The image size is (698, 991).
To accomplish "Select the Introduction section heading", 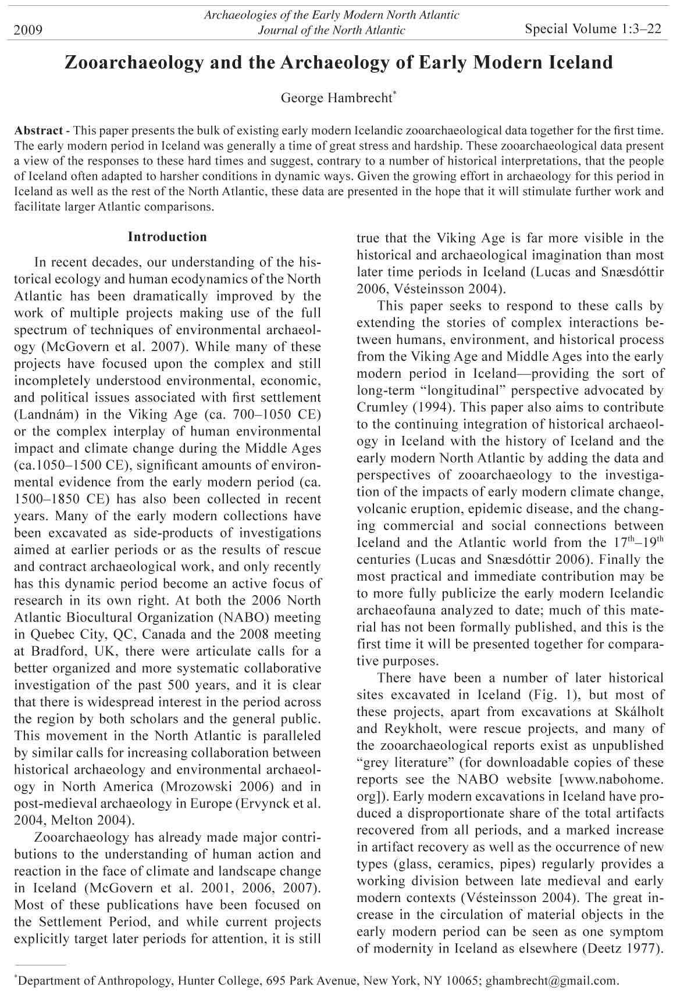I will tap(167, 237).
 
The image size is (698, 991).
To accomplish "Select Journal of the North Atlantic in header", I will tap(331, 30).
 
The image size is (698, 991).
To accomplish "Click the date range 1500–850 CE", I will tap(58, 499).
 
